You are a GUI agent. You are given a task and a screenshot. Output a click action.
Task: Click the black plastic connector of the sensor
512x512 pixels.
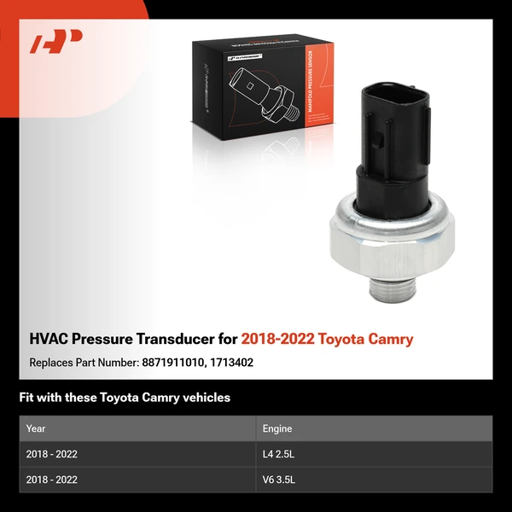click(x=392, y=145)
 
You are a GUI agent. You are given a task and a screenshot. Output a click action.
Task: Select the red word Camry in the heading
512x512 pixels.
click(x=389, y=340)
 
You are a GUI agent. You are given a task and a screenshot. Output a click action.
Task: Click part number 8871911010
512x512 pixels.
click(x=174, y=363)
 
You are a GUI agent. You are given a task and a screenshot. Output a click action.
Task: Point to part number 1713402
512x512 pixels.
click(x=232, y=363)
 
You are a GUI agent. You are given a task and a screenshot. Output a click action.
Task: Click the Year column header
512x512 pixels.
click(x=36, y=428)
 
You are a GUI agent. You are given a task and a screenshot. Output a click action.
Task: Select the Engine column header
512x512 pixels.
click(x=276, y=428)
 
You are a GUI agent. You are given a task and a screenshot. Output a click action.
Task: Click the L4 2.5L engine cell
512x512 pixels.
click(x=278, y=454)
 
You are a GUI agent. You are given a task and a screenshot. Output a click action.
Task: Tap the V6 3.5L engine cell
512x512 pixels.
click(x=278, y=480)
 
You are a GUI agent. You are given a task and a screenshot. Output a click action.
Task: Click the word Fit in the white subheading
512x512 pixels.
click(x=29, y=398)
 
